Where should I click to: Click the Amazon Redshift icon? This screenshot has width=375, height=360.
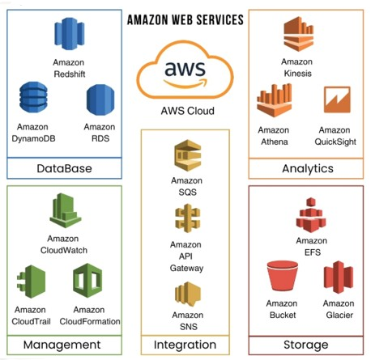pyautogui.click(x=69, y=35)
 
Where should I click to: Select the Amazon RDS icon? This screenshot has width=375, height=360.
pyautogui.click(x=99, y=102)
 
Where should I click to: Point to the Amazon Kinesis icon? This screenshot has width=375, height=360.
pyautogui.click(x=296, y=35)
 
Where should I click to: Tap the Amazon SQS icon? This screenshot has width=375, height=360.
pyautogui.click(x=187, y=157)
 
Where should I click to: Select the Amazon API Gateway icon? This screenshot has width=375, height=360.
pyautogui.click(x=187, y=220)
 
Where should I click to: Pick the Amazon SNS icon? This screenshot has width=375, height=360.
pyautogui.click(x=187, y=295)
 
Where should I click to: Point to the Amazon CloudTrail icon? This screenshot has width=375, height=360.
pyautogui.click(x=31, y=283)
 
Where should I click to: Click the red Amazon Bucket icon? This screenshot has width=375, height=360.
pyautogui.click(x=281, y=279)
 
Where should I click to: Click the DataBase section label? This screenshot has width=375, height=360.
pyautogui.click(x=64, y=168)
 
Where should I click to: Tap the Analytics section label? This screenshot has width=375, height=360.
pyautogui.click(x=307, y=168)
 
